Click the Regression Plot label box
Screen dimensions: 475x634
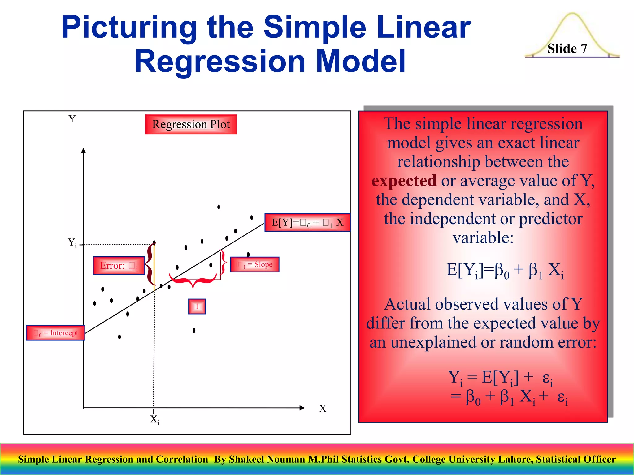[x=191, y=124]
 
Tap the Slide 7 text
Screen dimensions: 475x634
[x=567, y=49]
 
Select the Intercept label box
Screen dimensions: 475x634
[x=55, y=333]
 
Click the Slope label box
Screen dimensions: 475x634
[x=255, y=264]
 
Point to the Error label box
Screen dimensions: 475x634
[x=119, y=265]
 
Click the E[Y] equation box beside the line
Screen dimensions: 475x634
[x=307, y=222]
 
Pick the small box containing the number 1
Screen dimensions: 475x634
[x=197, y=306]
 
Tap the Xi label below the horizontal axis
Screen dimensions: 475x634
[x=154, y=420]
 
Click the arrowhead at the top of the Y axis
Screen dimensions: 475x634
[x=83, y=151]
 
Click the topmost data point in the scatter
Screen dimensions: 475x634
[x=219, y=207]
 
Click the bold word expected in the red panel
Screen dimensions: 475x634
[x=404, y=181]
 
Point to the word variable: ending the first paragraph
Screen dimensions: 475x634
[x=483, y=238]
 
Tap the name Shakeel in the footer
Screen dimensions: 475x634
[x=246, y=459]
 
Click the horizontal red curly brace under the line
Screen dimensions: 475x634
[x=193, y=280]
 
